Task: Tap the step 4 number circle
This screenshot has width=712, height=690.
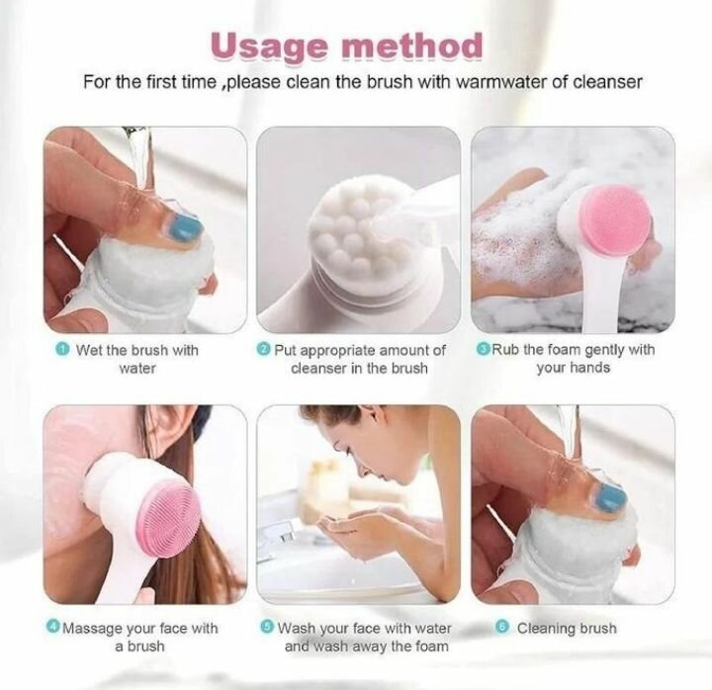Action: point(52,628)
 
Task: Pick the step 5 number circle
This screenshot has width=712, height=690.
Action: point(267,628)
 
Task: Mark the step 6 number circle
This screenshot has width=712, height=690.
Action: point(503,628)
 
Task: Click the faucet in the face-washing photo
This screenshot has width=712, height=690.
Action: point(280,539)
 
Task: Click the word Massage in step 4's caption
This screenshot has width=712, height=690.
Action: point(94,629)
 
